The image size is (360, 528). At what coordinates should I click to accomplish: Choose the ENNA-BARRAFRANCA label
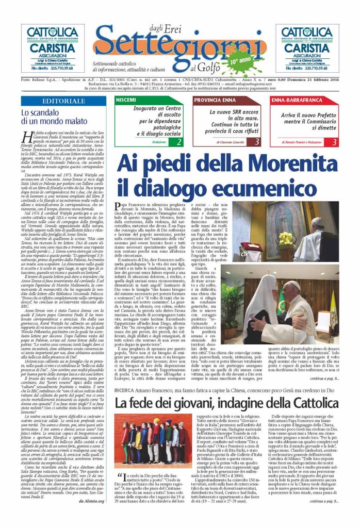(x=294, y=99)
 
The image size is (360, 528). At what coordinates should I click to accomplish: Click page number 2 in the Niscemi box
(x=178, y=141)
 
